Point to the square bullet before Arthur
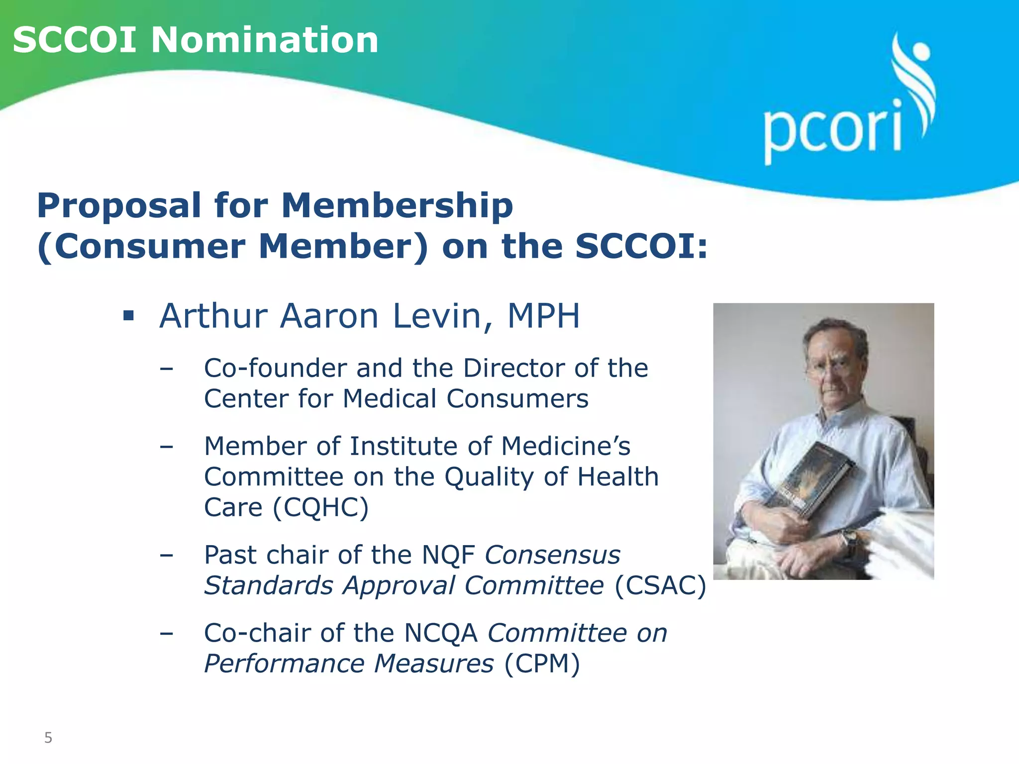129,316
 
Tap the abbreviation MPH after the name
543,316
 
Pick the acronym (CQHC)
321,507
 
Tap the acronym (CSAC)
660,585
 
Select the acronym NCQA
440,633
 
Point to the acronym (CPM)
542,664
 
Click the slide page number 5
48,738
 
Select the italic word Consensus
552,555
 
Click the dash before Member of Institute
167,447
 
